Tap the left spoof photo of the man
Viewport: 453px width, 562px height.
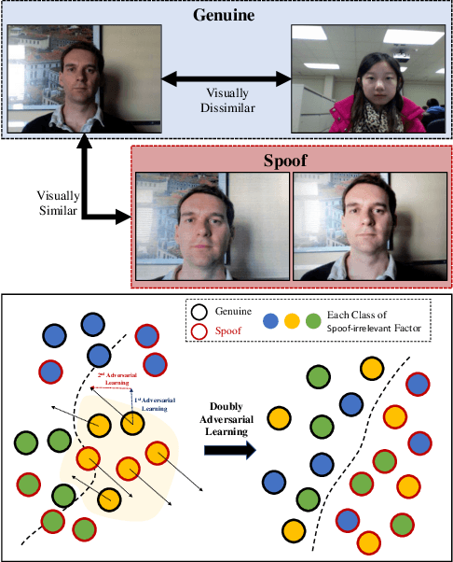click(x=212, y=226)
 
